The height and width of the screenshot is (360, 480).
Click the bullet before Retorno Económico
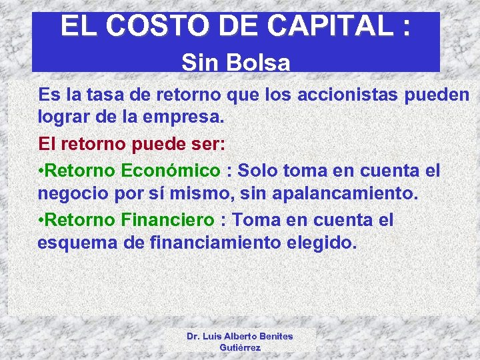tap(41, 170)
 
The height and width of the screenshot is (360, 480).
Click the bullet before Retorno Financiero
tap(41, 220)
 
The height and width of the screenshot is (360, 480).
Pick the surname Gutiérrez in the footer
tap(239, 348)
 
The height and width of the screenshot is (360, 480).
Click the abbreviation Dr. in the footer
tap(194, 336)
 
